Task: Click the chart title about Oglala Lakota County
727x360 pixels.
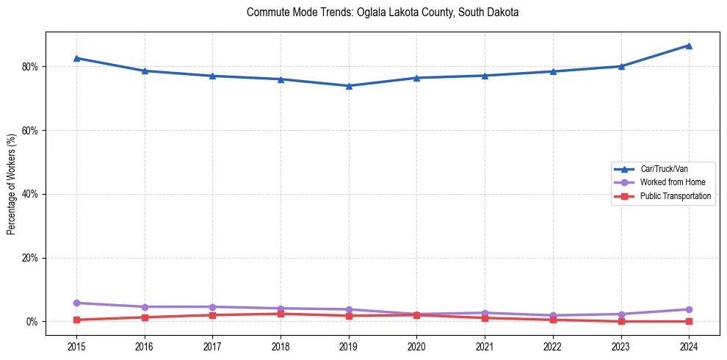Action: (x=383, y=12)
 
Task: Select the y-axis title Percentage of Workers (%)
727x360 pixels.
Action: (x=12, y=184)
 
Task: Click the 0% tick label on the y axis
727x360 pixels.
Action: (x=32, y=322)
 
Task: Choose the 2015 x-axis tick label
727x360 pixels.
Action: (x=76, y=345)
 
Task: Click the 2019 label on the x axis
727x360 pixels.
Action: (x=349, y=345)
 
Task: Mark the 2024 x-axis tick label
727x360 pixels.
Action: (x=689, y=345)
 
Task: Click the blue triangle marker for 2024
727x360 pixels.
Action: (x=689, y=46)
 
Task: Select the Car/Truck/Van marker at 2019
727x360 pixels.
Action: (x=349, y=86)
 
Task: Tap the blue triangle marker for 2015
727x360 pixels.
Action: (x=76, y=58)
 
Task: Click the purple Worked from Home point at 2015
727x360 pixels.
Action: (x=76, y=303)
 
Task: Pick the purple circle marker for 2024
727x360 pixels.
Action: (x=689, y=309)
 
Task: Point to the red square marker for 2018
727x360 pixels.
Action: (x=281, y=314)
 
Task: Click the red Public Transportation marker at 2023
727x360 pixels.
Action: (x=621, y=321)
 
